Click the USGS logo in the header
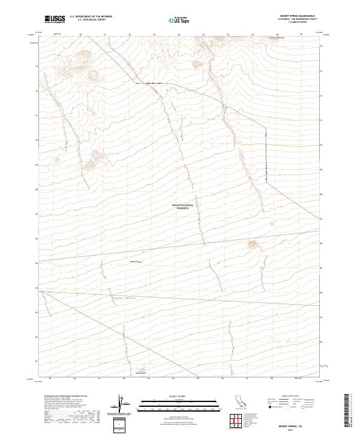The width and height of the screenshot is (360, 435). pos(55,20)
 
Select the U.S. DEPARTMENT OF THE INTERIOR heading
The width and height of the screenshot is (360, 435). pos(91,17)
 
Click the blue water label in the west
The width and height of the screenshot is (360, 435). pos(112,154)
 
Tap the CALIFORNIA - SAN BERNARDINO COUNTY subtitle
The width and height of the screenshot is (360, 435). pos(305,19)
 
